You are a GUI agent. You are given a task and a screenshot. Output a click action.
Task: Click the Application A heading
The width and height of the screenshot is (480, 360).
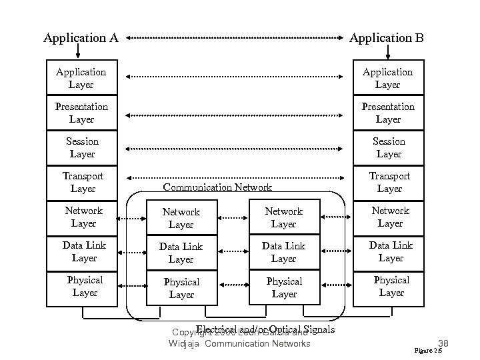pyautogui.click(x=81, y=38)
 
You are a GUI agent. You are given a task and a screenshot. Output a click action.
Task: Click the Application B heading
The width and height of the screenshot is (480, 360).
pyautogui.click(x=387, y=38)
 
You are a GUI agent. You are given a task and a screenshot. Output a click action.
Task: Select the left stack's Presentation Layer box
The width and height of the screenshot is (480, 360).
pyautogui.click(x=82, y=113)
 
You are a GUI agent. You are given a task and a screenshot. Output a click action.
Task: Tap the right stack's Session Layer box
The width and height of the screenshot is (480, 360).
pyautogui.click(x=389, y=147)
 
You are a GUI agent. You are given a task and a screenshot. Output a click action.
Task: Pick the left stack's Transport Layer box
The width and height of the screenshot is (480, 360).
pyautogui.click(x=82, y=182)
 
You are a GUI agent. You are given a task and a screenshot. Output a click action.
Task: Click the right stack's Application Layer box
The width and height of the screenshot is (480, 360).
pyautogui.click(x=387, y=78)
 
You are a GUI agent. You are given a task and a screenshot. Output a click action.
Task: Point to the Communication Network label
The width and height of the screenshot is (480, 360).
pyautogui.click(x=217, y=187)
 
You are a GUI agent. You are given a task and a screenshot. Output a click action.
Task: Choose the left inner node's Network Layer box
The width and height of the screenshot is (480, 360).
pyautogui.click(x=181, y=218)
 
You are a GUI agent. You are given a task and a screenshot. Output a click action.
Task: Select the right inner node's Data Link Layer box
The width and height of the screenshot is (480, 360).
pyautogui.click(x=283, y=253)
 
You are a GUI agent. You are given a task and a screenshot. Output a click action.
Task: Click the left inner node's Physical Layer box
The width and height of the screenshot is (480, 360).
pyautogui.click(x=181, y=288)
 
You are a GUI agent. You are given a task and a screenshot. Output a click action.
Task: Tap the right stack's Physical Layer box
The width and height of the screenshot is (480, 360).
pyautogui.click(x=391, y=286)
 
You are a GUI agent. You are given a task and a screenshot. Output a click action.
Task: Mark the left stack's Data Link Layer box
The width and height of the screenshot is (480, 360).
pyautogui.click(x=83, y=251)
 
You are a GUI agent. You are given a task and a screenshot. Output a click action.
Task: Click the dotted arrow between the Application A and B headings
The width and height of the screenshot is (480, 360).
pyautogui.click(x=235, y=38)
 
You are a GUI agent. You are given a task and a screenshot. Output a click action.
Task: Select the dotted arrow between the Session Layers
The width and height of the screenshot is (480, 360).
pyautogui.click(x=235, y=149)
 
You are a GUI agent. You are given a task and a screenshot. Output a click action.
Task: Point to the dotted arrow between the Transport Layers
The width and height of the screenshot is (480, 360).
pyautogui.click(x=235, y=178)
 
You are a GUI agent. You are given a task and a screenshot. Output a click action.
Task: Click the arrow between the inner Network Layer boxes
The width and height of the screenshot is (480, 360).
pyautogui.click(x=232, y=217)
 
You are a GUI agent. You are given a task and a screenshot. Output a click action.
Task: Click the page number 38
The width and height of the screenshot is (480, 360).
pyautogui.click(x=440, y=343)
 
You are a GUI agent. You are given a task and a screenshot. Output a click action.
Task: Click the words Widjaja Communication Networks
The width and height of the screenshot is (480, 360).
pyautogui.click(x=239, y=343)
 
